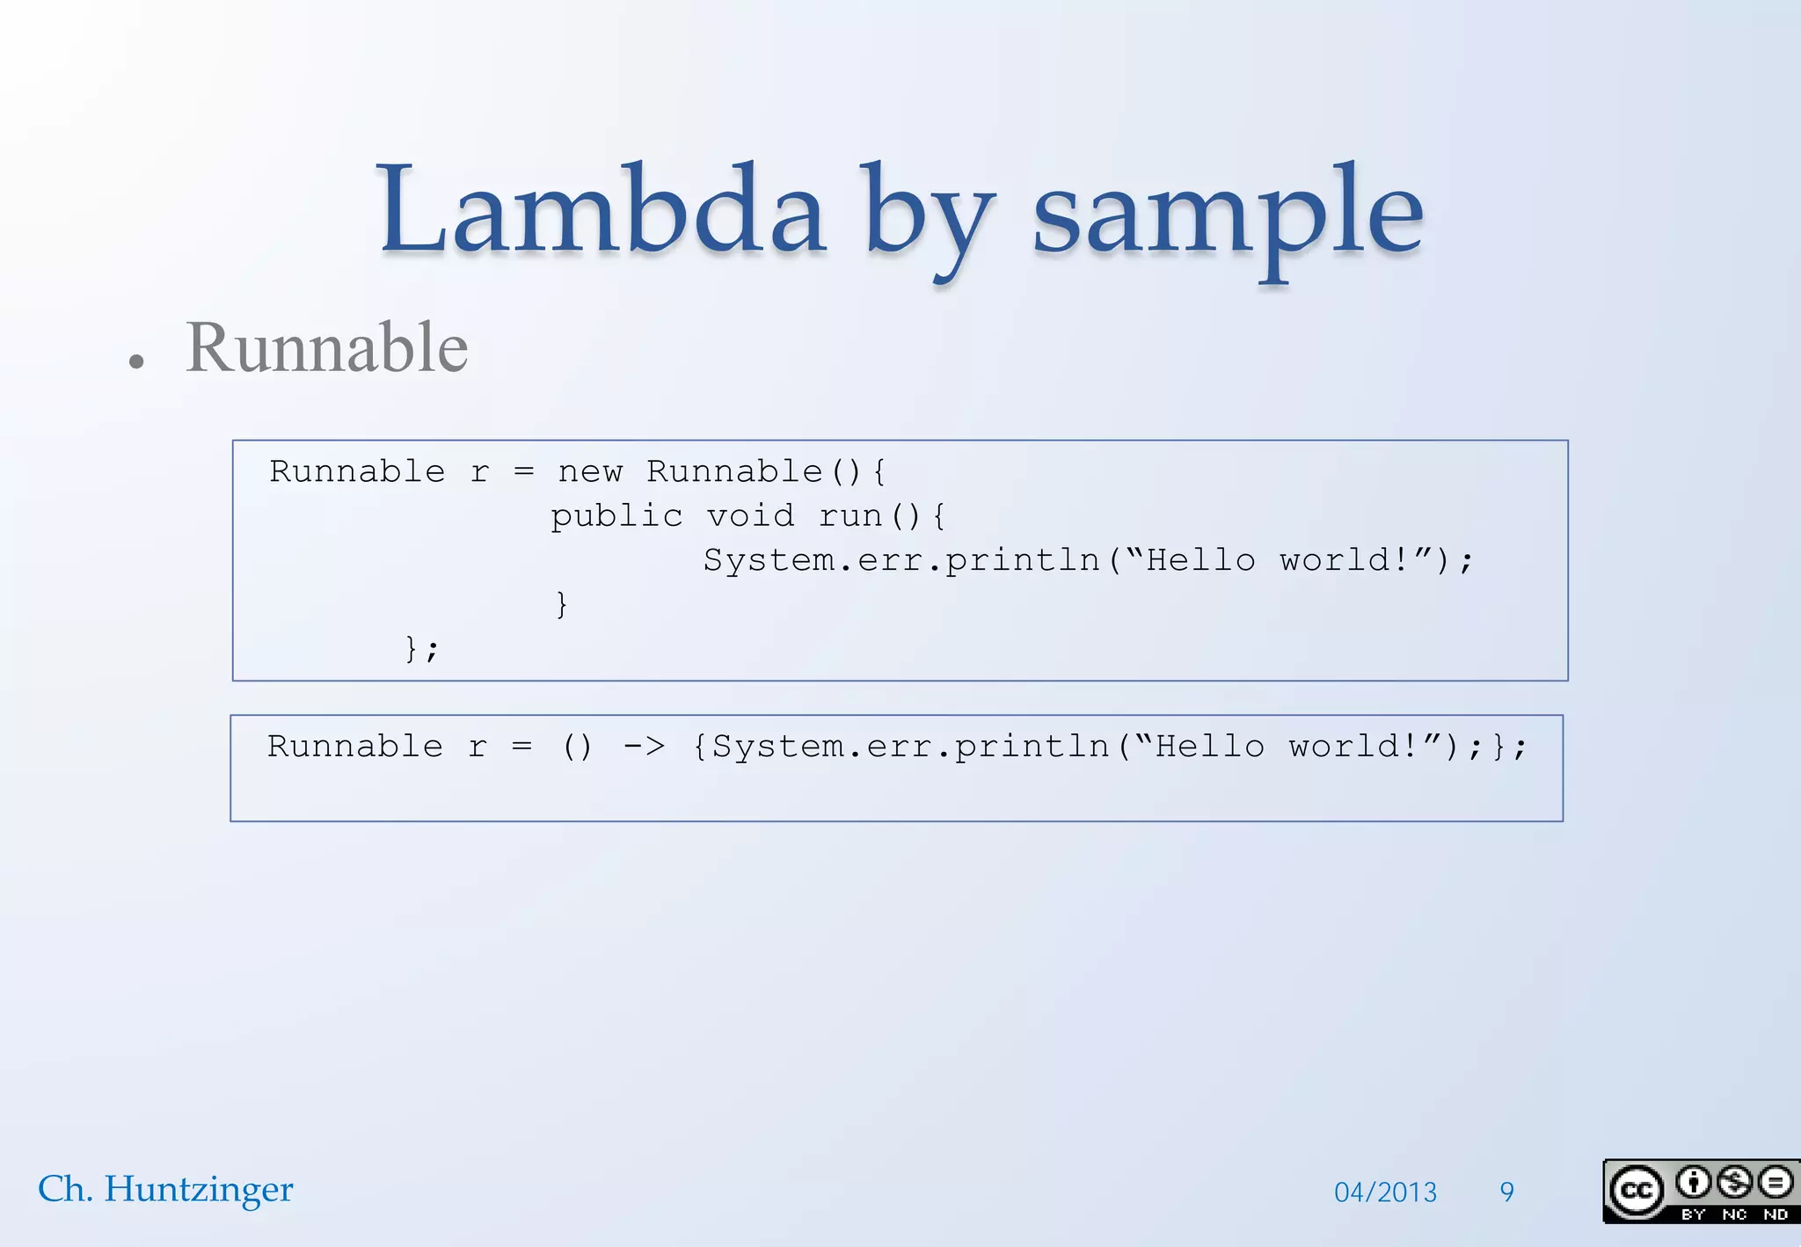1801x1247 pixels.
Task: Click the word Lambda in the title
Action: (602, 211)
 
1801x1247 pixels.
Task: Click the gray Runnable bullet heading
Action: (326, 348)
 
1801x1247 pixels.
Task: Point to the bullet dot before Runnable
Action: (135, 361)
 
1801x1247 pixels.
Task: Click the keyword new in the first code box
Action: (590, 472)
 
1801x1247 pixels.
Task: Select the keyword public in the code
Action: (616, 516)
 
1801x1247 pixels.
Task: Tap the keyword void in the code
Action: (750, 516)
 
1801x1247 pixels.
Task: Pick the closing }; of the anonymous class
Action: (421, 649)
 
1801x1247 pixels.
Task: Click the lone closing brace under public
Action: (562, 604)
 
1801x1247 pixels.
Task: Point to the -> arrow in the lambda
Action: (644, 747)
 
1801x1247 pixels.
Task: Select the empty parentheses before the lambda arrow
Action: (577, 747)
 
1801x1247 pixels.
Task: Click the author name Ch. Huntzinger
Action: (165, 1189)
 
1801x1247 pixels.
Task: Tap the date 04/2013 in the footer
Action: (1385, 1192)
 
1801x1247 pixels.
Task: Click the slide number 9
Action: (1506, 1192)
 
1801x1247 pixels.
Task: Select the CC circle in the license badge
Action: (1636, 1191)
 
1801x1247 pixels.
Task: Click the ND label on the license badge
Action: (1775, 1214)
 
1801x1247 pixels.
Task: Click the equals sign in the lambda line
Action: (522, 747)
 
